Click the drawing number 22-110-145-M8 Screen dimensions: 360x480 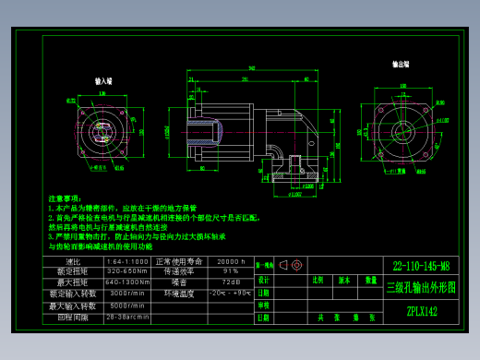421,264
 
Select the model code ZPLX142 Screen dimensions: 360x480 421,311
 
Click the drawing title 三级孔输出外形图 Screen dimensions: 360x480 421,287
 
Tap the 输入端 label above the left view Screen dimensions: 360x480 103,82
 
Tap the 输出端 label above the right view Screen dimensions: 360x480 400,65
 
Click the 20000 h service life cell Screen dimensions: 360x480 230,262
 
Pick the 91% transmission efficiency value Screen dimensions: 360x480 230,272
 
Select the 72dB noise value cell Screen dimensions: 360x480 230,282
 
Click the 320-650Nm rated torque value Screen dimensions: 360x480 126,272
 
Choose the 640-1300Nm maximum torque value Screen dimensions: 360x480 126,282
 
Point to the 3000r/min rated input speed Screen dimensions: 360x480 126,294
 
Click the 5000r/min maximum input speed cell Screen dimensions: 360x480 126,305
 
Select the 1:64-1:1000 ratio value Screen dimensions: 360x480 126,262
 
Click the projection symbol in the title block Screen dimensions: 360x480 291,265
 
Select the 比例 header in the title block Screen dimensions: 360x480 318,279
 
